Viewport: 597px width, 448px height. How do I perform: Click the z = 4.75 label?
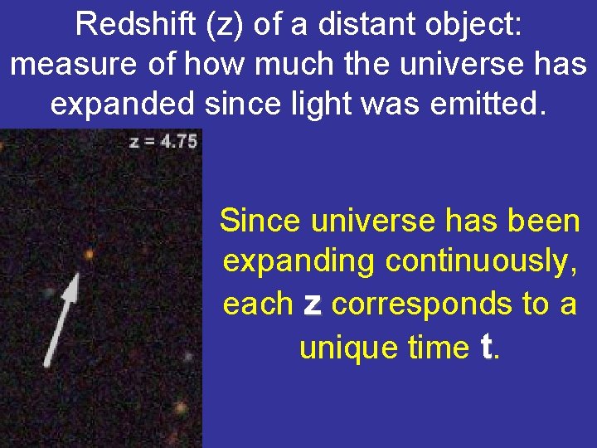[163, 141]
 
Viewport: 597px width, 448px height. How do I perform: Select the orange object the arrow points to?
[89, 255]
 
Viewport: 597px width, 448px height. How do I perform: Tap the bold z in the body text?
[312, 304]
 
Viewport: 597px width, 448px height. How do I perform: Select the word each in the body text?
[258, 304]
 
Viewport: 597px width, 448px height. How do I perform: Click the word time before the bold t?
[438, 347]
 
